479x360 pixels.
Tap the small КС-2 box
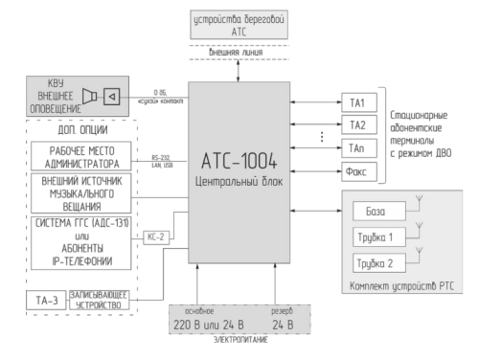coord(156,235)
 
